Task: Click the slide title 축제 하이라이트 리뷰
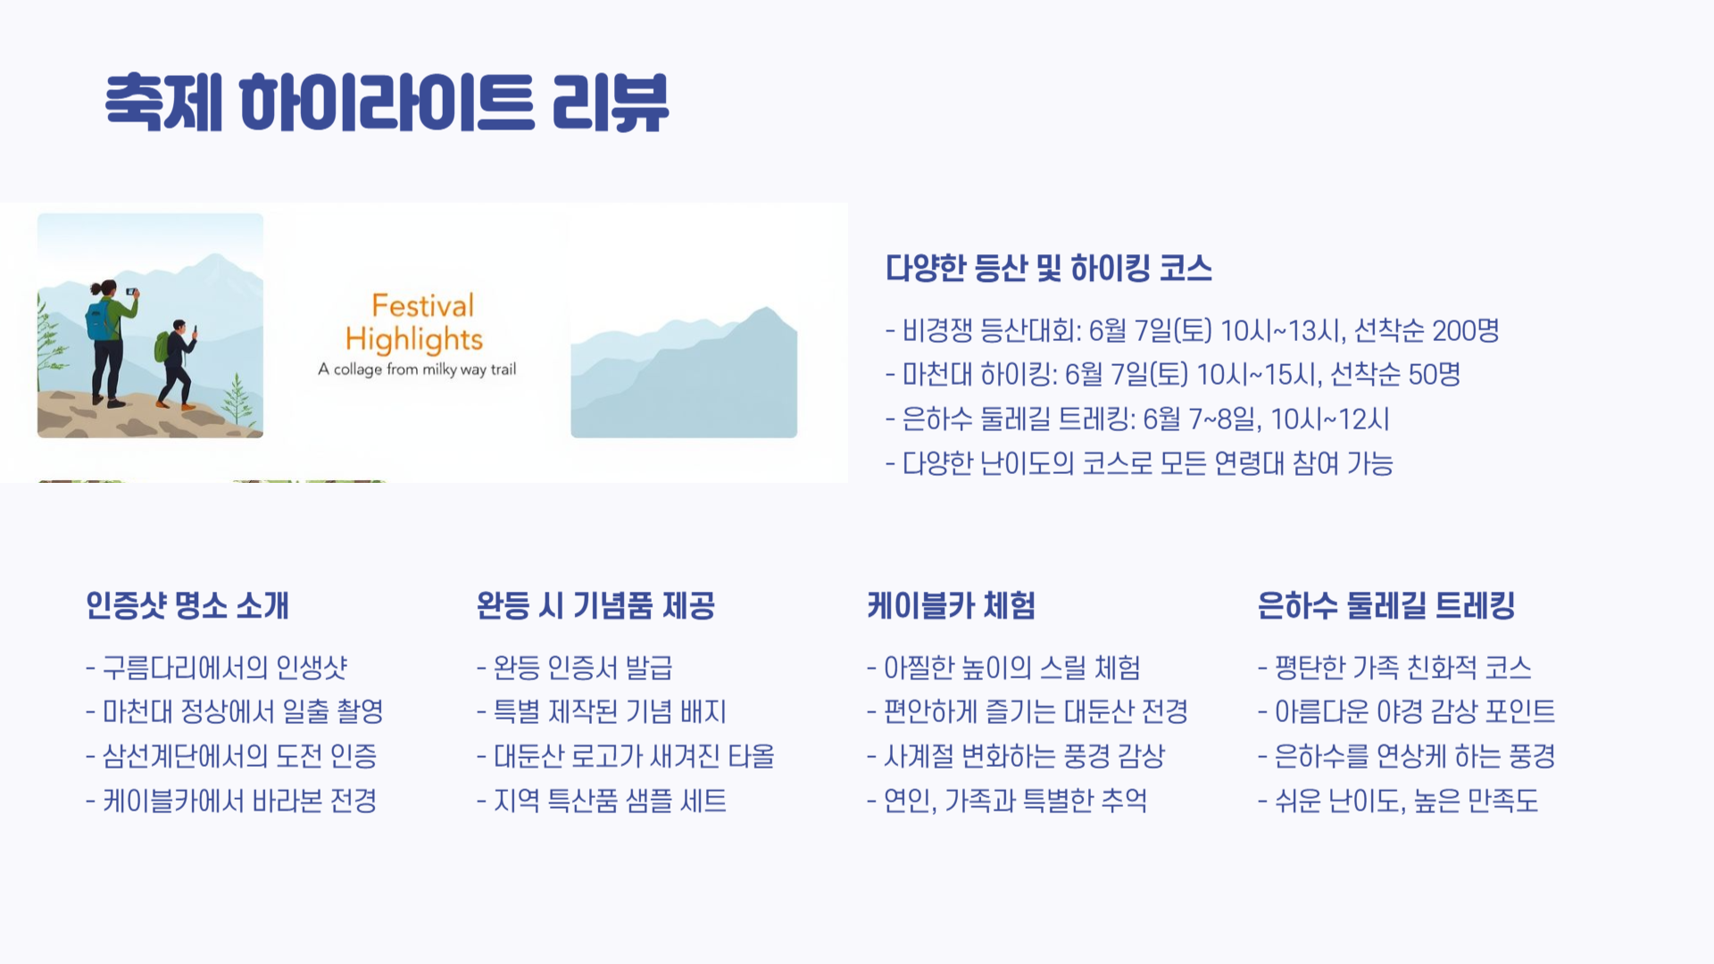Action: tap(387, 103)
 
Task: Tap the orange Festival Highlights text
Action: tap(415, 322)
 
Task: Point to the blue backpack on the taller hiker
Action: tap(99, 320)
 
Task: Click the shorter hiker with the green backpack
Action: tap(176, 361)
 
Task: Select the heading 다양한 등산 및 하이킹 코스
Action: tap(1048, 268)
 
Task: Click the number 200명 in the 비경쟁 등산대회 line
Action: tap(1465, 330)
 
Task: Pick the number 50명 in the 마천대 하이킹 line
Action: tap(1434, 374)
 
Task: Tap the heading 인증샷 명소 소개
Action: tap(187, 605)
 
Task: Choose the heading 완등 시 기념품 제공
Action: tap(595, 605)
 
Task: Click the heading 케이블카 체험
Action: tap(951, 605)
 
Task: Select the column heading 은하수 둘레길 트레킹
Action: tap(1385, 605)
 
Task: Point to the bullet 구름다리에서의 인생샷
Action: tap(224, 667)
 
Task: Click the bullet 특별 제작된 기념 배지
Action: tap(610, 711)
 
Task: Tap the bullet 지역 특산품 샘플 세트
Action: tap(610, 801)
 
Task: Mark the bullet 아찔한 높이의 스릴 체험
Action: tap(1011, 667)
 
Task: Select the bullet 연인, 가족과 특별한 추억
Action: tap(1015, 801)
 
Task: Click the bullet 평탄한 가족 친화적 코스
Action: tap(1402, 667)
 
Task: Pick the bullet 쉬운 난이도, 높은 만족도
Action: tap(1406, 801)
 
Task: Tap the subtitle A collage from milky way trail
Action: tap(417, 369)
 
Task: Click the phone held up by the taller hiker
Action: tap(131, 292)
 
